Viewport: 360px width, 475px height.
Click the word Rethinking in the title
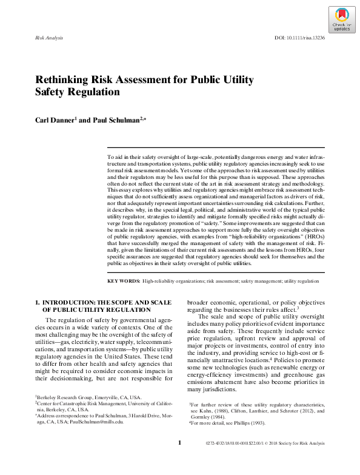coord(60,80)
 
